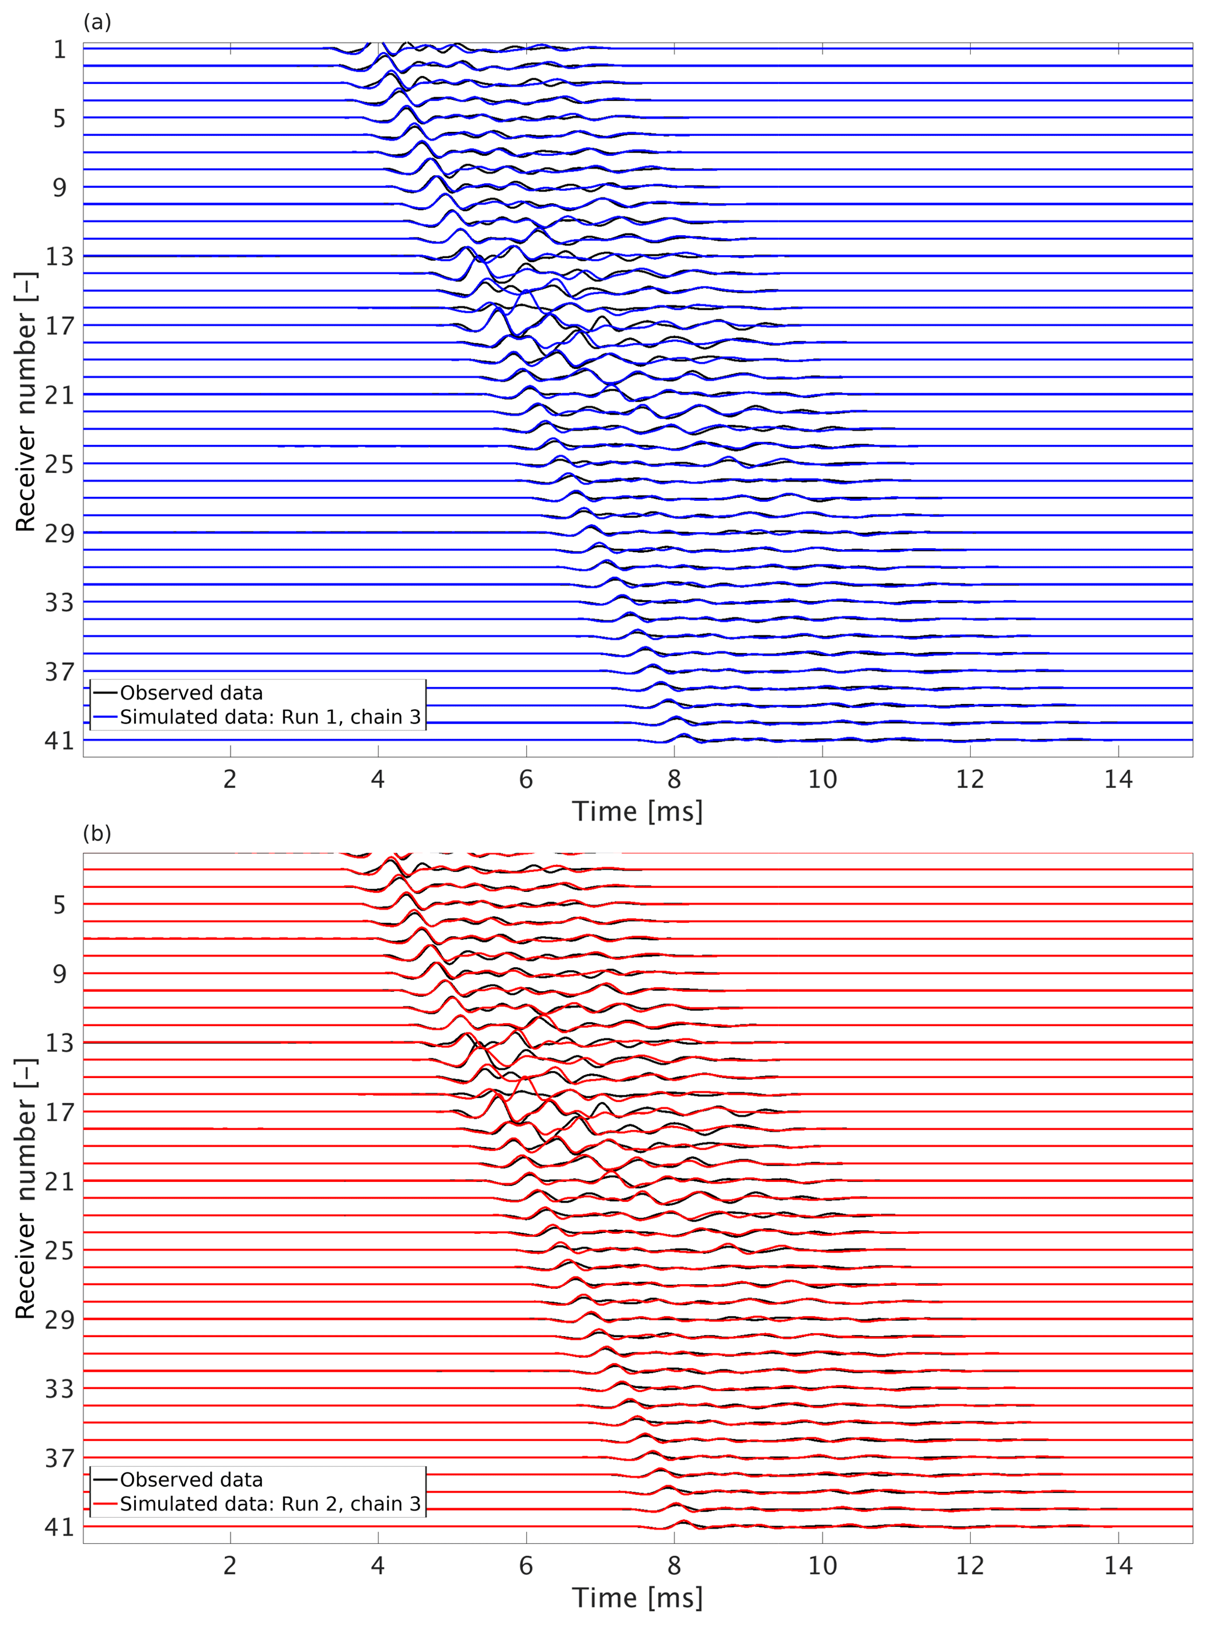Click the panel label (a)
[97, 23]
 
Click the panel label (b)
[97, 834]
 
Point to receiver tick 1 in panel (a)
[59, 49]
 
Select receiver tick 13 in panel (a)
[59, 256]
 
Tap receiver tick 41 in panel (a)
[59, 741]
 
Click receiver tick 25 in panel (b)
[59, 1251]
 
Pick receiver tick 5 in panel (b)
[59, 905]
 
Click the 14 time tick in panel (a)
[1118, 780]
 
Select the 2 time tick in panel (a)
[230, 780]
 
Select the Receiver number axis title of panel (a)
[26, 402]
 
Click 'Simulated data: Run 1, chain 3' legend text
[270, 717]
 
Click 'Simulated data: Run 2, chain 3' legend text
[270, 1504]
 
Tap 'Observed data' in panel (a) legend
[191, 693]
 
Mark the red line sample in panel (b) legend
[105, 1504]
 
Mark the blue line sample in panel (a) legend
[105, 717]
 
